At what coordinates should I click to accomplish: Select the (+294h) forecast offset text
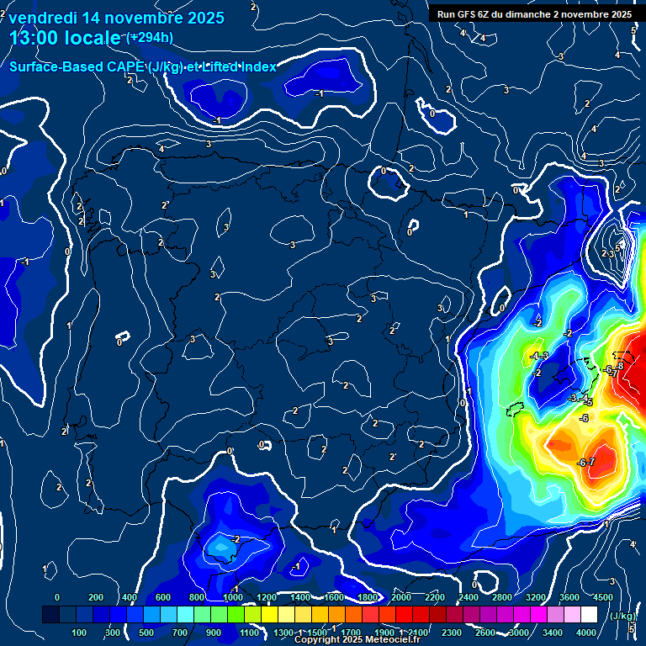[149, 37]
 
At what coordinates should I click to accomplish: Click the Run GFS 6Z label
[468, 14]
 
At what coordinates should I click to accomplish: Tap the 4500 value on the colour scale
[603, 597]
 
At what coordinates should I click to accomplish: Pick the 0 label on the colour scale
[57, 597]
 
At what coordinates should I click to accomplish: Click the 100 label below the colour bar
[79, 633]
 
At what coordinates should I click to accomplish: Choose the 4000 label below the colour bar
[586, 633]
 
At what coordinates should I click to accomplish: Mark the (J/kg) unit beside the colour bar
[621, 617]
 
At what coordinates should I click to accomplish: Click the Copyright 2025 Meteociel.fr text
[357, 640]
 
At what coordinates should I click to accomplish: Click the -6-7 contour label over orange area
[586, 463]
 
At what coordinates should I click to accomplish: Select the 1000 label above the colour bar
[230, 597]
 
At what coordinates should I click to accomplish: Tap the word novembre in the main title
[138, 18]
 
